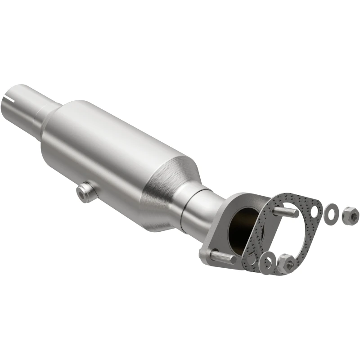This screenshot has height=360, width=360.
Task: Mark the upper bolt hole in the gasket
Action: [316, 207]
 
